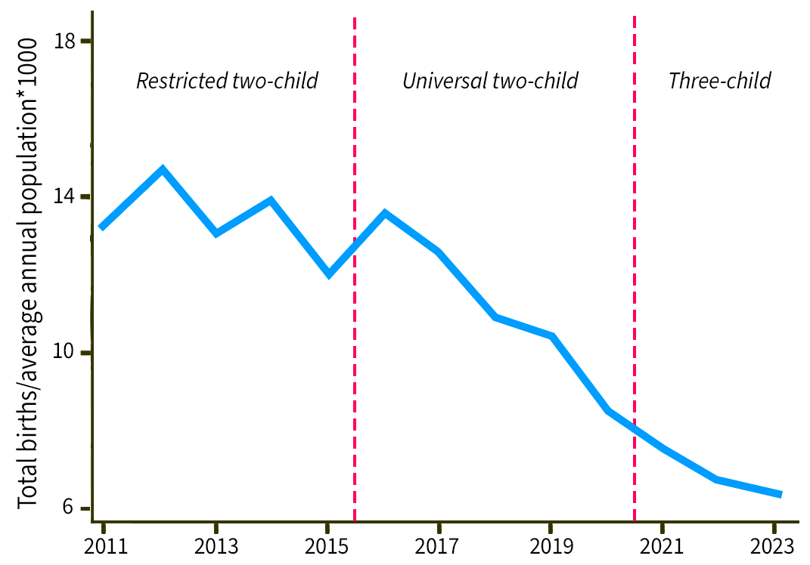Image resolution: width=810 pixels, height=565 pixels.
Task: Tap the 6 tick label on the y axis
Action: (71, 508)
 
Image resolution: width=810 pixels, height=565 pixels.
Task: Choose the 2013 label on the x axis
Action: (216, 546)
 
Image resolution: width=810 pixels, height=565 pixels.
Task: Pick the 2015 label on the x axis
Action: (326, 546)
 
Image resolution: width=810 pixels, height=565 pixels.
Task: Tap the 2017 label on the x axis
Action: (439, 546)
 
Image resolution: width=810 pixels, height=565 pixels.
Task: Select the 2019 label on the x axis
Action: (551, 546)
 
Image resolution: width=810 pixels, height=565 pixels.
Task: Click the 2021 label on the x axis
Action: (663, 546)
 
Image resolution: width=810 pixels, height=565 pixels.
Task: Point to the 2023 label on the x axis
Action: (774, 546)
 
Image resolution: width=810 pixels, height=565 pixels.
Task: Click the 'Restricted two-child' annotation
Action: (227, 81)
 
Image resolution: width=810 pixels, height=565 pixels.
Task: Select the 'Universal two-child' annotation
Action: (490, 81)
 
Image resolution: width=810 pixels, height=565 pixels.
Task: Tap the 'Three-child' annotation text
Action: (719, 81)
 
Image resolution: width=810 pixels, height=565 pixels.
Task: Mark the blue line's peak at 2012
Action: (162, 169)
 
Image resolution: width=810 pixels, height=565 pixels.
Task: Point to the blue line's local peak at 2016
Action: (385, 213)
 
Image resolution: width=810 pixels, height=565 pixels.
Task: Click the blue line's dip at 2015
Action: (329, 274)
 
